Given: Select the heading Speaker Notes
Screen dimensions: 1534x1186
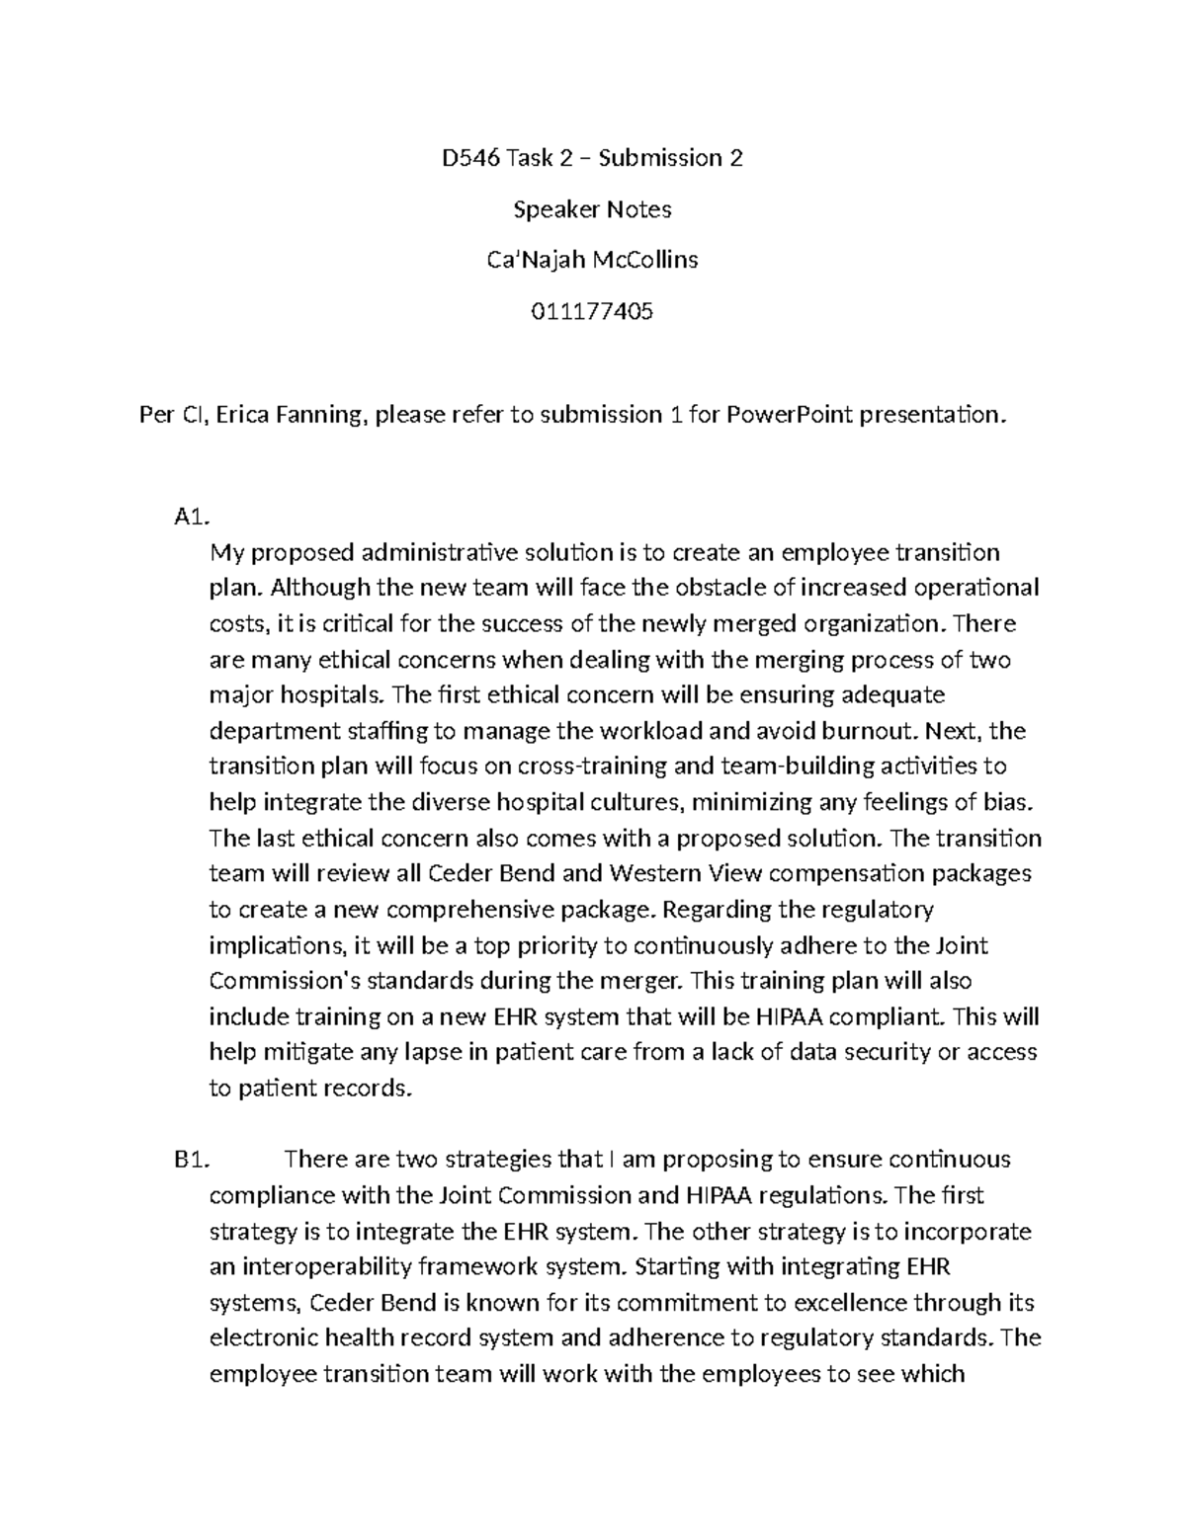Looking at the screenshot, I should (x=592, y=209).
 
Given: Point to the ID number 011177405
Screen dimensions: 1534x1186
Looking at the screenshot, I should (x=592, y=312).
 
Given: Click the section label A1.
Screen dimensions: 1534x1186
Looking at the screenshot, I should (x=188, y=517).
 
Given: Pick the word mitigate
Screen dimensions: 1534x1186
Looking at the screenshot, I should (x=296, y=1052).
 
